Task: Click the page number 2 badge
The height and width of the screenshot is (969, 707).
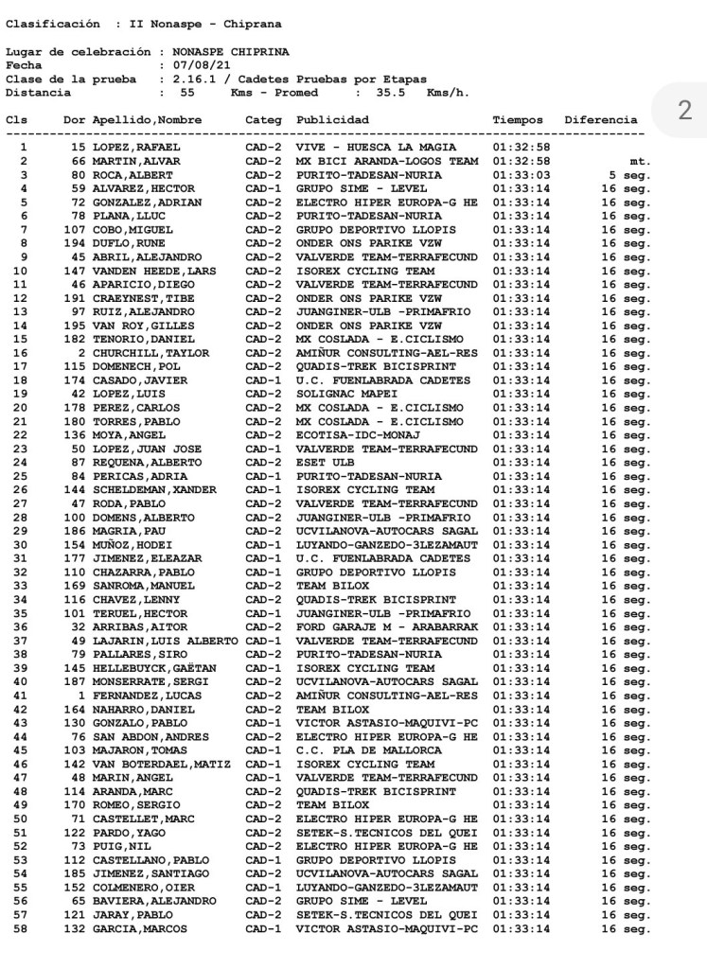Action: [684, 112]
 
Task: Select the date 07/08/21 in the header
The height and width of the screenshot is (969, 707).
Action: [198, 65]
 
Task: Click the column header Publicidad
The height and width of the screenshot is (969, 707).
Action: [332, 121]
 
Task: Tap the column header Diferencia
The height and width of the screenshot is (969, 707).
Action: [600, 121]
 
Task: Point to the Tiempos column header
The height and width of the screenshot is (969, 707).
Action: [518, 121]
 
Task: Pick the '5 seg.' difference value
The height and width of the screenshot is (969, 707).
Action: [629, 175]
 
